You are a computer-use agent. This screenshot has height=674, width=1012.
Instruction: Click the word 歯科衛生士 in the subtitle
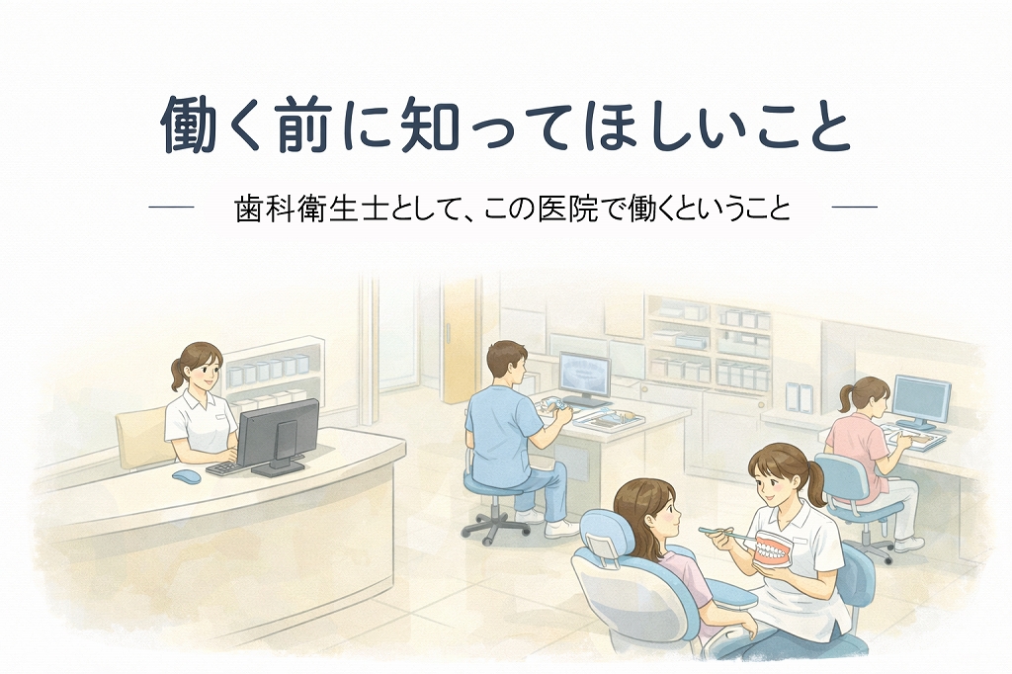point(311,208)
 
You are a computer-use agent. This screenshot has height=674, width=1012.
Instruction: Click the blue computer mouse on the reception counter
point(186,476)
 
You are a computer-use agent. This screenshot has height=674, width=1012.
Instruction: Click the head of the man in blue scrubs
point(507,363)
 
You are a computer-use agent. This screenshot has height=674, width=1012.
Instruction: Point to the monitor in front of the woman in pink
point(921,401)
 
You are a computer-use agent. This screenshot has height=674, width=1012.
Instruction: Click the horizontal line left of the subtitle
point(171,208)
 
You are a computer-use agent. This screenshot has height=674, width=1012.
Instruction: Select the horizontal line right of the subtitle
point(855,208)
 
